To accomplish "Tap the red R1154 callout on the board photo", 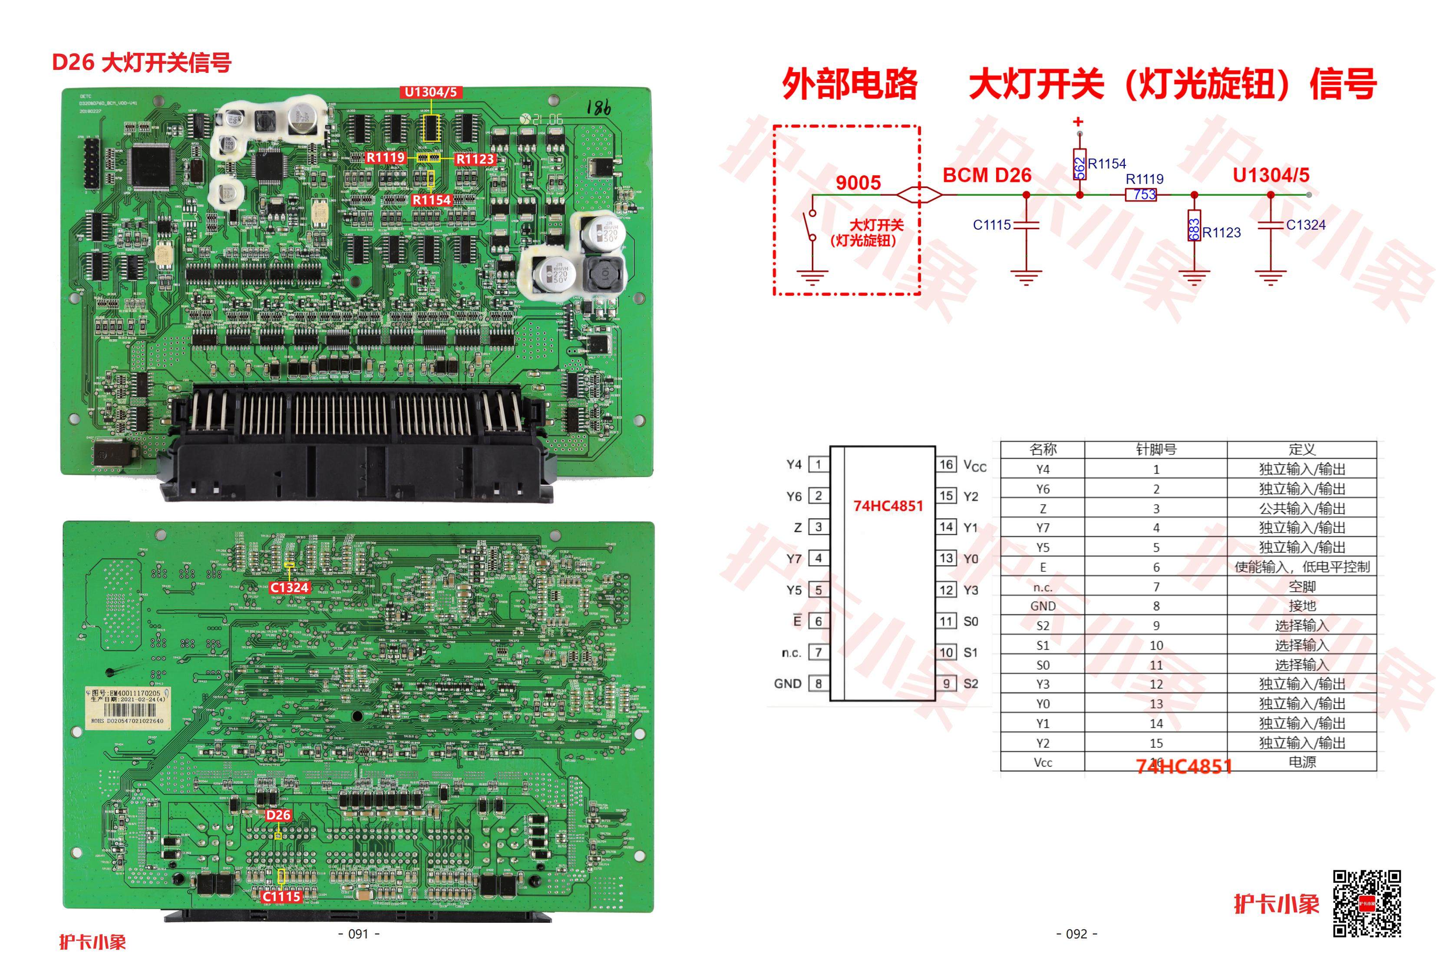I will [x=432, y=200].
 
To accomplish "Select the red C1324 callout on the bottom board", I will [x=289, y=587].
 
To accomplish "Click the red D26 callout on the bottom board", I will [x=278, y=815].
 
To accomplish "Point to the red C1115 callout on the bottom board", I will [x=282, y=897].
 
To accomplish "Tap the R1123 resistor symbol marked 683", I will [x=1195, y=228].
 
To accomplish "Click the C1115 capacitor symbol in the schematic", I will [x=1027, y=225].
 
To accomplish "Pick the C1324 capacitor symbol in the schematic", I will [x=1271, y=225].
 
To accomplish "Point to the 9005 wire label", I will [x=858, y=183].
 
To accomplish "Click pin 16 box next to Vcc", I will [x=947, y=464].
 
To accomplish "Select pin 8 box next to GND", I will [x=819, y=684].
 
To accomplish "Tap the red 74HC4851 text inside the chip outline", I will [x=888, y=506].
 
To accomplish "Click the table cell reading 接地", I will [x=1301, y=606].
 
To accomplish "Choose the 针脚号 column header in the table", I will [x=1155, y=450].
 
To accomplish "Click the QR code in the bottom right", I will [x=1367, y=904].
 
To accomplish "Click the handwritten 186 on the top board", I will [x=598, y=108].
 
